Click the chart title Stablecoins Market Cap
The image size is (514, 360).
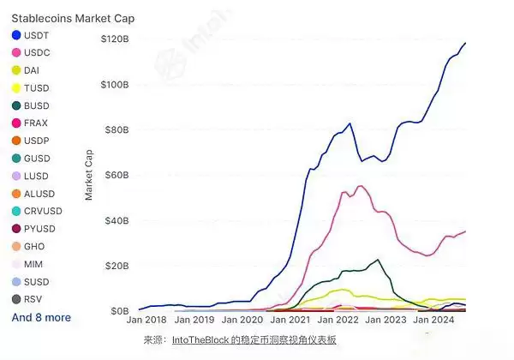(73, 18)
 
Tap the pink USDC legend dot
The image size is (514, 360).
(16, 53)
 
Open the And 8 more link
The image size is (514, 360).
(41, 317)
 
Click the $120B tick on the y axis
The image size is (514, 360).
(115, 39)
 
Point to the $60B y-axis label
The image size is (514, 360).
(117, 175)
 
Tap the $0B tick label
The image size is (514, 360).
(120, 310)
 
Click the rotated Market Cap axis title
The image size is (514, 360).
(89, 175)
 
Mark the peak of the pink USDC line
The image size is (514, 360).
(360, 186)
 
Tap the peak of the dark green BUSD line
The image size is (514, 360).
(378, 259)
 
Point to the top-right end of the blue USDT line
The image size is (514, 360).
(466, 43)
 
